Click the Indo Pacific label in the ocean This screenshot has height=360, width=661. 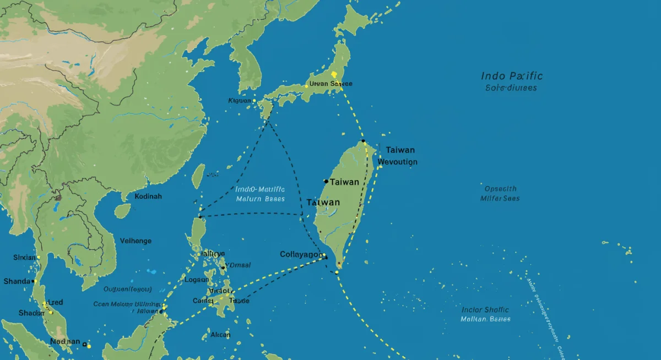512,76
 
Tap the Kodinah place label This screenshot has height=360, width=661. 149,197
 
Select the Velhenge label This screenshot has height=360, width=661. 135,241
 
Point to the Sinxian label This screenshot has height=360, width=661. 24,258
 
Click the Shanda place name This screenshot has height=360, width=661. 17,281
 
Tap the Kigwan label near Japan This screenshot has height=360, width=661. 240,101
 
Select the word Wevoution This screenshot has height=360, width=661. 398,162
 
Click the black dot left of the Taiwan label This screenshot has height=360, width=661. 326,181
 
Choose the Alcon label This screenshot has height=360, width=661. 220,334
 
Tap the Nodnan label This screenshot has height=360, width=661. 65,341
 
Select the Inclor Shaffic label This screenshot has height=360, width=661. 485,310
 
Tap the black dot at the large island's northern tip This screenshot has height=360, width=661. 364,141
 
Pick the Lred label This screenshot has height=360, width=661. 56,303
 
